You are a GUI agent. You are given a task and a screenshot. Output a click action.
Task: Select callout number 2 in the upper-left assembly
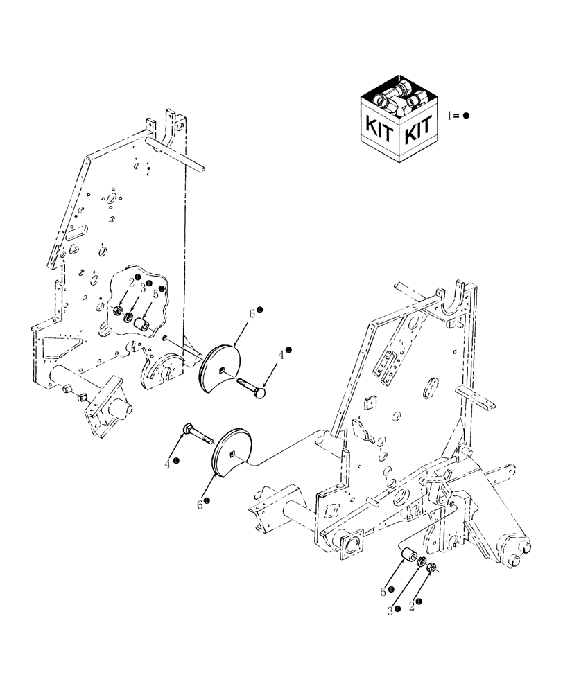[130, 281]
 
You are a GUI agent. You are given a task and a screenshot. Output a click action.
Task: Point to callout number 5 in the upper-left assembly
[155, 294]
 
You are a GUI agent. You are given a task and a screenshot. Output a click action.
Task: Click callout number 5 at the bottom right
[383, 592]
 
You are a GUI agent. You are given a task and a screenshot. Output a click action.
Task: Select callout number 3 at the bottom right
[391, 610]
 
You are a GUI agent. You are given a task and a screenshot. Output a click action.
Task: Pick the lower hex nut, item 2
[431, 568]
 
